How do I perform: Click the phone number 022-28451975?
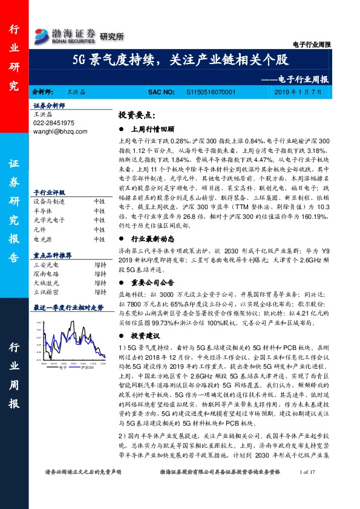click(x=54, y=122)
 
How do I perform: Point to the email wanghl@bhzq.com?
click(x=60, y=131)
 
